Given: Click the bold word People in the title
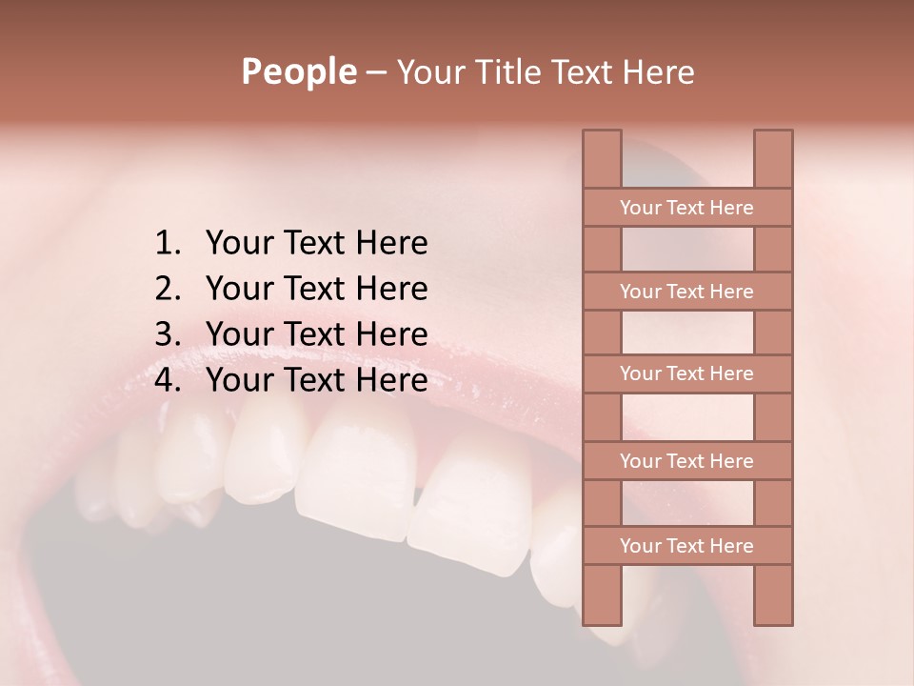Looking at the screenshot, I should tap(298, 72).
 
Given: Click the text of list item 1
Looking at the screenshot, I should tap(316, 244).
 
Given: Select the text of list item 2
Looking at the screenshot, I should tap(316, 289).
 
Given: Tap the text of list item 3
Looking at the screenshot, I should tap(316, 334).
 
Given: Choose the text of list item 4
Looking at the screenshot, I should tap(316, 380).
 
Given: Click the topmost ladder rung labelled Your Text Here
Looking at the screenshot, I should tap(686, 208).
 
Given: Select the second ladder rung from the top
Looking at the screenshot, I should tap(686, 292).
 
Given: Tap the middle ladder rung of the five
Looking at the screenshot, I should tap(686, 374).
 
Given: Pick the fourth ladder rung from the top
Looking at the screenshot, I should tap(686, 461).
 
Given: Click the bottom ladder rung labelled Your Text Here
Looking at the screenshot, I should tap(686, 546).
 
